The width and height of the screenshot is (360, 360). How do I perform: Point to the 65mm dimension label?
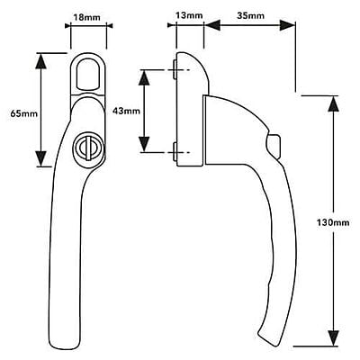pyautogui.click(x=24, y=113)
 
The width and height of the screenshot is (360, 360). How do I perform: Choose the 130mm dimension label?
pyautogui.click(x=333, y=222)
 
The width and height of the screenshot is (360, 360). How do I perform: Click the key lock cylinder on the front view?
pyautogui.click(x=86, y=147)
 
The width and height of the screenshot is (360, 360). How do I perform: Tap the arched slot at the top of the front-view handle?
pyautogui.click(x=88, y=73)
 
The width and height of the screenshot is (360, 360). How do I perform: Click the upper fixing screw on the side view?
pyautogui.click(x=175, y=69)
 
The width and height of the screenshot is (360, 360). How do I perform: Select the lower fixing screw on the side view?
pyautogui.click(x=175, y=152)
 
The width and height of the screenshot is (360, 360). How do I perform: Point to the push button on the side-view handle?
pyautogui.click(x=275, y=146)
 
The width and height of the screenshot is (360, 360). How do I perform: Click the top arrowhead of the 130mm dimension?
pyautogui.click(x=333, y=104)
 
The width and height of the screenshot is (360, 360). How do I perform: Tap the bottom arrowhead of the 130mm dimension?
pyautogui.click(x=333, y=337)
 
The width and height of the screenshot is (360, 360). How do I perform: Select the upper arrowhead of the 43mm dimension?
pyautogui.click(x=144, y=78)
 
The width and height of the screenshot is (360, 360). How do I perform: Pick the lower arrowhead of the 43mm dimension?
pyautogui.click(x=144, y=144)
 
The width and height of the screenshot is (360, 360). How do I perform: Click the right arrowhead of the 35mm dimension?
pyautogui.click(x=287, y=25)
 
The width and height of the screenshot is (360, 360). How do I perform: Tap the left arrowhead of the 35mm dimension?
pyautogui.click(x=212, y=25)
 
